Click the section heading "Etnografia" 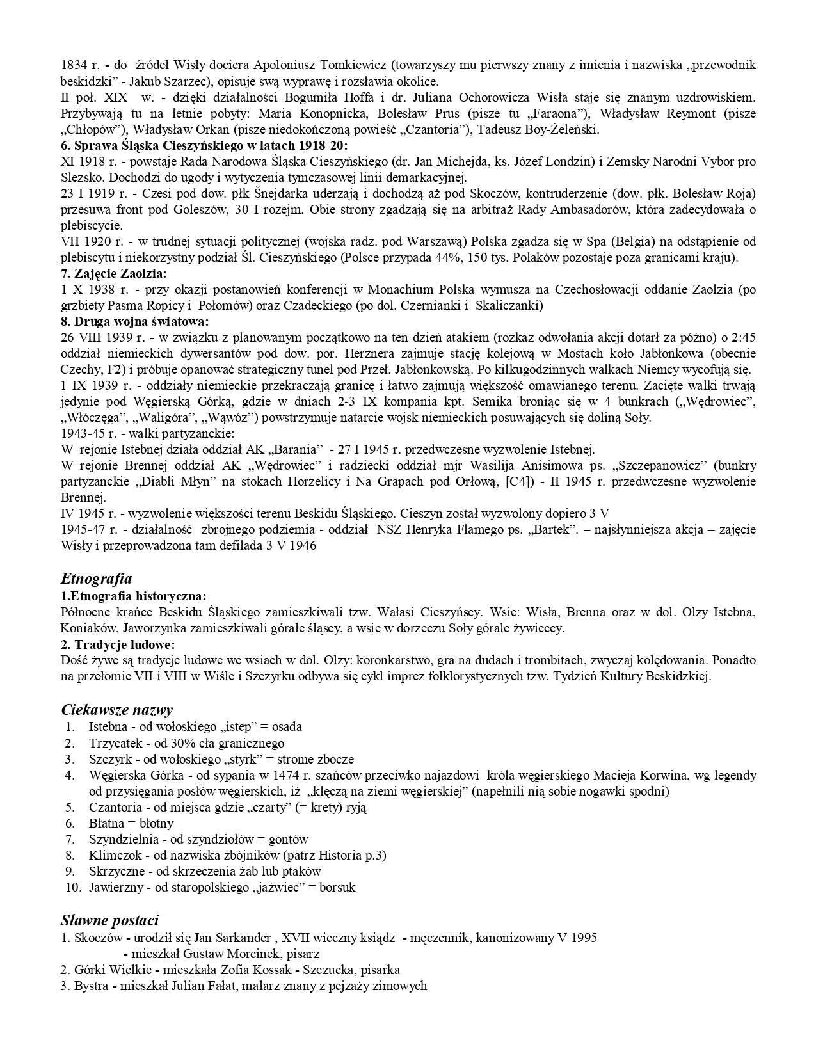[x=96, y=579]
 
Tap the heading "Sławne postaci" [x=109, y=920]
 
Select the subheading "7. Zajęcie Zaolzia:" [x=113, y=274]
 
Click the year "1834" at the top [x=74, y=65]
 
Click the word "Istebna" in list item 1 [x=108, y=727]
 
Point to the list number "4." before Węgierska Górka [x=70, y=775]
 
